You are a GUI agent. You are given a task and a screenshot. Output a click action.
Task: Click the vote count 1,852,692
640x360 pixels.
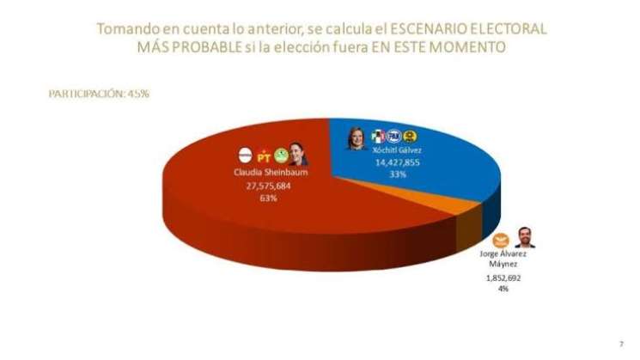pos(503,278)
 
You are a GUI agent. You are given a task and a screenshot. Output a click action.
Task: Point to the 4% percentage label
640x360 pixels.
pos(503,290)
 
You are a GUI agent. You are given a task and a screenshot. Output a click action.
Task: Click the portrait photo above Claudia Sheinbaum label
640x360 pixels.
pos(296,154)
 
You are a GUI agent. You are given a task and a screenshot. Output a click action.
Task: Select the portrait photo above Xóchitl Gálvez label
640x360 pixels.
pos(356,137)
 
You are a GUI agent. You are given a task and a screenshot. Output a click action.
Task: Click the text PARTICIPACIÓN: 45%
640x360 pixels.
pos(99,94)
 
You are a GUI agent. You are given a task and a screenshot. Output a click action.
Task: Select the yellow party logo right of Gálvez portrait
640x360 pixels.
pos(411,136)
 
